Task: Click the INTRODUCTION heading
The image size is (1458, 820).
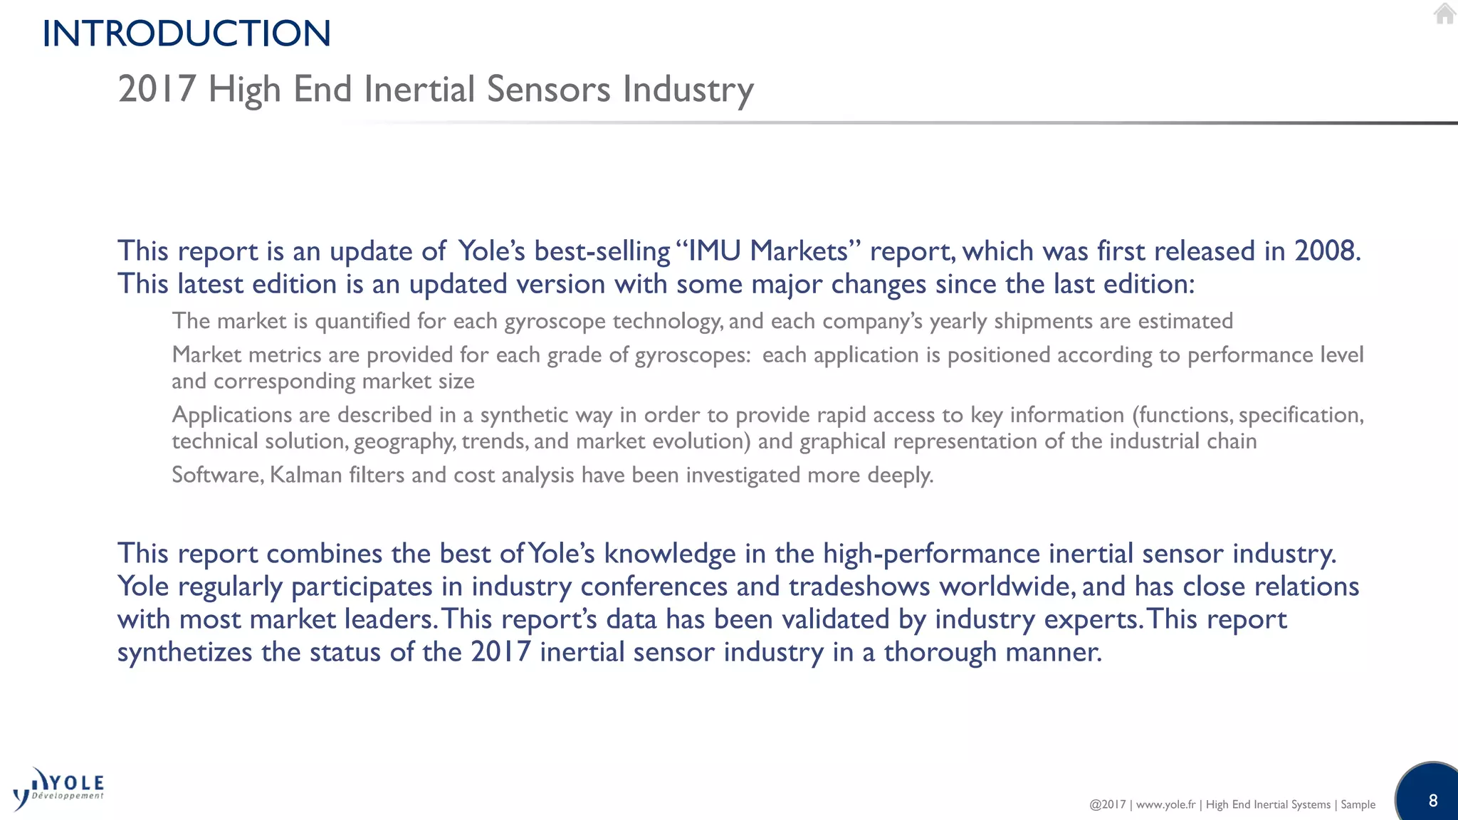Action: [x=187, y=33]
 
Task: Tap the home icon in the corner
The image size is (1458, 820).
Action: [x=1444, y=14]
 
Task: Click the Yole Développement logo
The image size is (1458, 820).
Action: [x=59, y=789]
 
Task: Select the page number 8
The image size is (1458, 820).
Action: [x=1433, y=800]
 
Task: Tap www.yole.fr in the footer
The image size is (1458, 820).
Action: [x=1165, y=804]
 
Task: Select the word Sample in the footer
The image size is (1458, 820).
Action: [x=1358, y=804]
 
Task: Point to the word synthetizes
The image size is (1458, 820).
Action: [x=184, y=652]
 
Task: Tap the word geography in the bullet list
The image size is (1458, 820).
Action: [x=403, y=441]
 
